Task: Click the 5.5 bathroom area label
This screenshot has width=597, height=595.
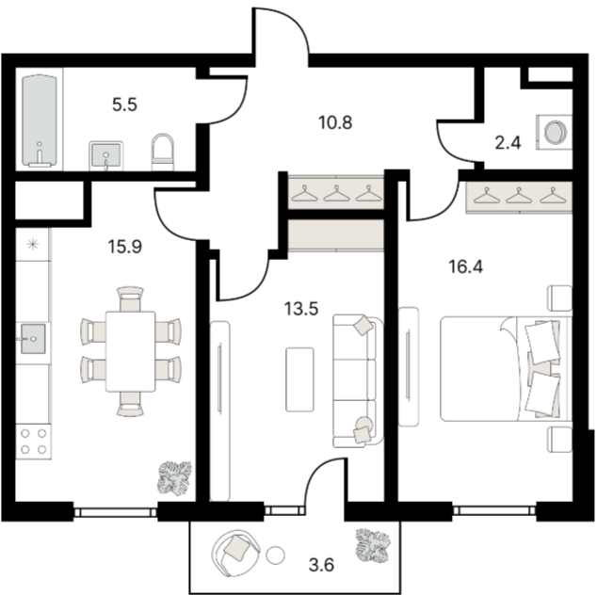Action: click(x=124, y=105)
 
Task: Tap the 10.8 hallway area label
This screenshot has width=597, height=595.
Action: click(x=335, y=123)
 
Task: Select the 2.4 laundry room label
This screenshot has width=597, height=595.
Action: click(x=508, y=143)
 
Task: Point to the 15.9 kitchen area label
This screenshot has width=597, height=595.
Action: click(x=125, y=247)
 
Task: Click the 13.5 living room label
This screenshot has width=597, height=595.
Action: click(x=301, y=309)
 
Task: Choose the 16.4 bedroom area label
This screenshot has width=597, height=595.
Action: click(x=466, y=266)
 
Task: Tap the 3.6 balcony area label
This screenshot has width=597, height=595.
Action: click(x=321, y=565)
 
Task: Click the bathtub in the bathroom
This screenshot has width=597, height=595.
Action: click(x=40, y=121)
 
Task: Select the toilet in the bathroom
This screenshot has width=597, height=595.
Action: click(x=163, y=152)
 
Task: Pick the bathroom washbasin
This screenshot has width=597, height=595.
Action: click(x=106, y=155)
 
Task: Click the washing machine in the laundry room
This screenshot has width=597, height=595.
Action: click(x=554, y=132)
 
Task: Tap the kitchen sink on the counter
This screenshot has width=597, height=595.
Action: click(x=33, y=339)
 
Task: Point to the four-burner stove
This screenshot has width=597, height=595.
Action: click(x=34, y=442)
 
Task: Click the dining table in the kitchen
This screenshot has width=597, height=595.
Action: click(x=131, y=351)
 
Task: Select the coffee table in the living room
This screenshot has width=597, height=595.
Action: click(x=300, y=379)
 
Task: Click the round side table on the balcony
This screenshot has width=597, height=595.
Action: click(x=275, y=555)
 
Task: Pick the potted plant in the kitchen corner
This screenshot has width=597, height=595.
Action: click(x=174, y=478)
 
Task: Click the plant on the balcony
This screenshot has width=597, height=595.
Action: click(x=373, y=545)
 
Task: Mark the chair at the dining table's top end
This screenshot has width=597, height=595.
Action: click(x=131, y=298)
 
